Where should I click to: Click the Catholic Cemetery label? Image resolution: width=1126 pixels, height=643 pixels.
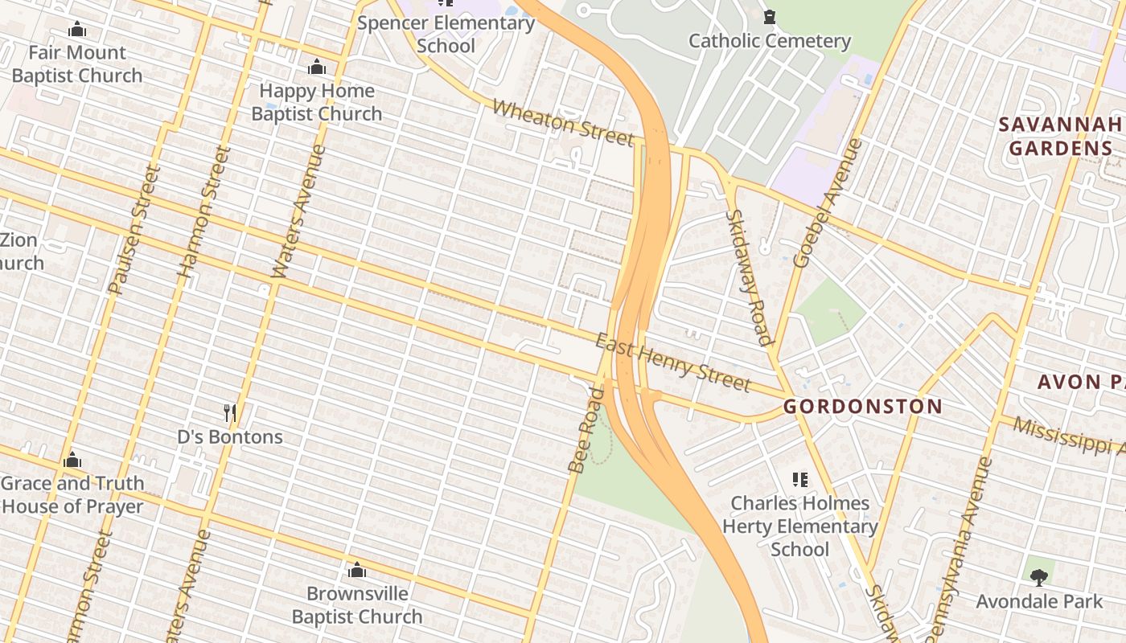pos(770,41)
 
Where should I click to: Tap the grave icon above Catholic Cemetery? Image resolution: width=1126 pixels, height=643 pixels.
pos(770,17)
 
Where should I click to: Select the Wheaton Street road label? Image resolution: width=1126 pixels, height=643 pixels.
pos(563,123)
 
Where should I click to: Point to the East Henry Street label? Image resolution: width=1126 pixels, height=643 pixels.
pos(672,364)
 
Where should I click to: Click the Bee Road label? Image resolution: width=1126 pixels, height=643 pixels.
pos(586,431)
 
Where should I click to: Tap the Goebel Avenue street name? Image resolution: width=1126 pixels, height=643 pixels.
pos(827,204)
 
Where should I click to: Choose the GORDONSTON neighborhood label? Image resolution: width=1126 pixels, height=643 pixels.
pos(862,407)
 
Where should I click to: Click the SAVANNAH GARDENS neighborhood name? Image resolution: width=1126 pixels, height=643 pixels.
pos(1060,137)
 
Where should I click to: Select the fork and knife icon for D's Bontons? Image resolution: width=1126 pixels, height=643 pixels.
pos(230,414)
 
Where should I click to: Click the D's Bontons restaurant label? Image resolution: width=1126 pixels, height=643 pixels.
pos(230,437)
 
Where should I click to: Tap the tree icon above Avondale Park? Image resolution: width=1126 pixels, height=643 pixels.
pos(1039,577)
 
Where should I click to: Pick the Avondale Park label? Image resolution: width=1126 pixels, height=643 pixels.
pos(1039,601)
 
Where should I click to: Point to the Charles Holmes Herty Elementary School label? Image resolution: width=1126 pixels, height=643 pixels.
pos(799,526)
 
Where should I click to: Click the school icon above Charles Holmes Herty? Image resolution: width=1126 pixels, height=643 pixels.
pos(799,480)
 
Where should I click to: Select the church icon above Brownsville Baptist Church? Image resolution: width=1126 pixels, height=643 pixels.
pos(357,571)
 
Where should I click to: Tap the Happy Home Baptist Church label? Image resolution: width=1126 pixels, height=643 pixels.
pos(317,102)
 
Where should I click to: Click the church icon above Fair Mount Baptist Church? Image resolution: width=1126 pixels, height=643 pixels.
pos(77,30)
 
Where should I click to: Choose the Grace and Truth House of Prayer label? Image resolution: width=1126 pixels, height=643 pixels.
pos(72,495)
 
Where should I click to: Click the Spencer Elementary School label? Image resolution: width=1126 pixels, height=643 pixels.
pos(446,34)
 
